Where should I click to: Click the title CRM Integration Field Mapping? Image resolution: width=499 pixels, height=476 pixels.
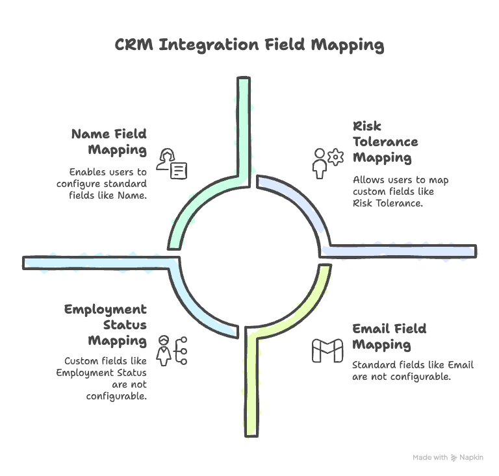click(x=249, y=45)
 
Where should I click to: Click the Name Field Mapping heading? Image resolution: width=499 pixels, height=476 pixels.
click(x=109, y=142)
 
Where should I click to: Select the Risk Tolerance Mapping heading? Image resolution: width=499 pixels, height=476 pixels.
click(x=385, y=142)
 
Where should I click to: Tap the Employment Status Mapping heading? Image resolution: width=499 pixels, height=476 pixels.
click(x=105, y=325)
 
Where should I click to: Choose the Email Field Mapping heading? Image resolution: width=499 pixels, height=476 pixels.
click(x=389, y=336)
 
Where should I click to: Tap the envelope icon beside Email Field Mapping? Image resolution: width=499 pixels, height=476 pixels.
click(x=327, y=351)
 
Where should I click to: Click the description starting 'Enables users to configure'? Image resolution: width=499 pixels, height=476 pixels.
click(x=108, y=184)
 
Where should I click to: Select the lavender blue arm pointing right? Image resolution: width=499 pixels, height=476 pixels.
click(x=403, y=251)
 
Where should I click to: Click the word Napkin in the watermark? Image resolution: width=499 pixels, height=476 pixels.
click(x=472, y=457)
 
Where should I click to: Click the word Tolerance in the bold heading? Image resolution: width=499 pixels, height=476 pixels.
click(x=385, y=142)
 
